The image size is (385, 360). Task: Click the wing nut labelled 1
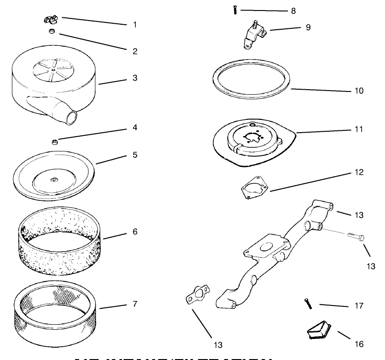pos(51,19)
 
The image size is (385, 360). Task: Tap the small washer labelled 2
pos(52,31)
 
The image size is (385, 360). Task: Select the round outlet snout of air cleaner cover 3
pos(70,117)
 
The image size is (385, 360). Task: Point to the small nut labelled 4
pos(54,142)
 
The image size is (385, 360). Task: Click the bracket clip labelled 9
pos(253,36)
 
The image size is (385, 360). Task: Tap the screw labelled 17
pos(307,303)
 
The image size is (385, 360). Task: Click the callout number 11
pos(358,129)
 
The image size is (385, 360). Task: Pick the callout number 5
pos(135,155)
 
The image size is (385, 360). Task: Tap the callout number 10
pos(358,91)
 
